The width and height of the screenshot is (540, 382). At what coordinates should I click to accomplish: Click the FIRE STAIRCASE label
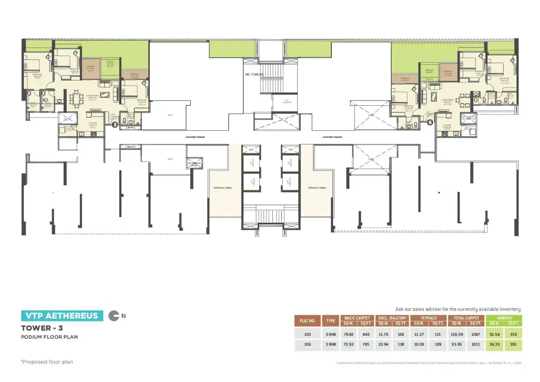click(254, 75)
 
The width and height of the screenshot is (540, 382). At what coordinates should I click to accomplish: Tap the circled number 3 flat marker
click(115, 125)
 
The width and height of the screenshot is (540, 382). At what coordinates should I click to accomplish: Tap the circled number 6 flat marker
click(430, 122)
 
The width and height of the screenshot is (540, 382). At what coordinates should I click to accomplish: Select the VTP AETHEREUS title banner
click(62, 316)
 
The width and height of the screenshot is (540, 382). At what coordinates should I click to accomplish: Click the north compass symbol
click(114, 316)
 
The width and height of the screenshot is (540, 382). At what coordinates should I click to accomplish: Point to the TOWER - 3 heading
click(40, 328)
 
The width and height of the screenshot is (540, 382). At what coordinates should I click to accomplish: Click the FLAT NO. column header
click(307, 321)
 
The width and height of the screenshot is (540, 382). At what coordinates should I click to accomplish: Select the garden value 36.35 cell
click(495, 344)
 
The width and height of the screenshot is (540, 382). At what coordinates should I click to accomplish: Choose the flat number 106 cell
click(307, 344)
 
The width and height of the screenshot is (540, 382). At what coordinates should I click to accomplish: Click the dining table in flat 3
click(77, 98)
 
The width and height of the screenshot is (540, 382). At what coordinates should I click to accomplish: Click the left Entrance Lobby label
click(223, 188)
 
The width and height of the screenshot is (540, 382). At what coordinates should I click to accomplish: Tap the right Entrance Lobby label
click(317, 188)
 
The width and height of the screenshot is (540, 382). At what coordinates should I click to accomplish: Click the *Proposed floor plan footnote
click(47, 362)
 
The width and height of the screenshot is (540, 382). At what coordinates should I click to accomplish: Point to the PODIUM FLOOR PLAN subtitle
click(50, 337)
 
